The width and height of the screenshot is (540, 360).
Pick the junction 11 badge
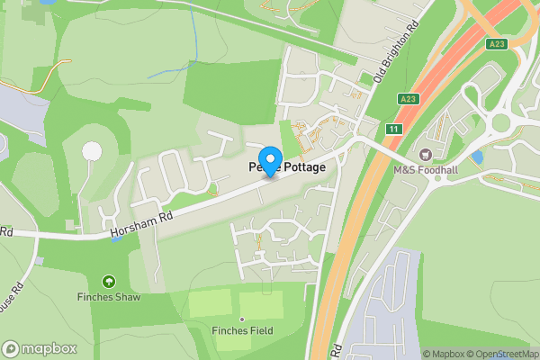click(x=393, y=130)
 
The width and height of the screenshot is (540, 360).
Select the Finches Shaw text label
click(x=109, y=296)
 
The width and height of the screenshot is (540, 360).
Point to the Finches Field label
click(x=242, y=330)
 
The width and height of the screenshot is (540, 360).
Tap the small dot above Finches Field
click(x=242, y=319)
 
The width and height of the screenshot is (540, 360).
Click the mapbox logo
click(x=40, y=348)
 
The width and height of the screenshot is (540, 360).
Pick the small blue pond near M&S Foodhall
click(x=476, y=157)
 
